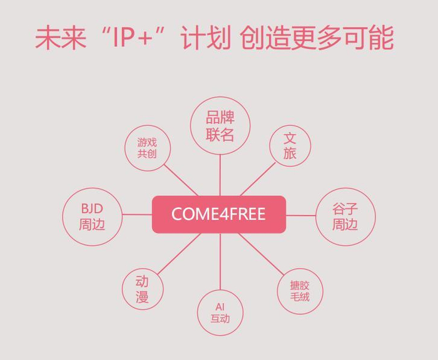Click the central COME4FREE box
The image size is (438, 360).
point(219,214)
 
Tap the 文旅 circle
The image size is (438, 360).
point(290,146)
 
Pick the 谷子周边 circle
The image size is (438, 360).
point(345,217)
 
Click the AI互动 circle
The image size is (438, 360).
point(220,312)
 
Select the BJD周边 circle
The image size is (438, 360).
point(92,217)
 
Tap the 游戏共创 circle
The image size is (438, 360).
point(147,148)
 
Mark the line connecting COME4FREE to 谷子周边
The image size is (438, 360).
point(300,215)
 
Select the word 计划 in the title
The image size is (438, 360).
point(203,38)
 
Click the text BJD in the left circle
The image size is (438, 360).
point(91,208)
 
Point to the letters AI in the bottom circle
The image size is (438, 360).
point(220,306)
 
